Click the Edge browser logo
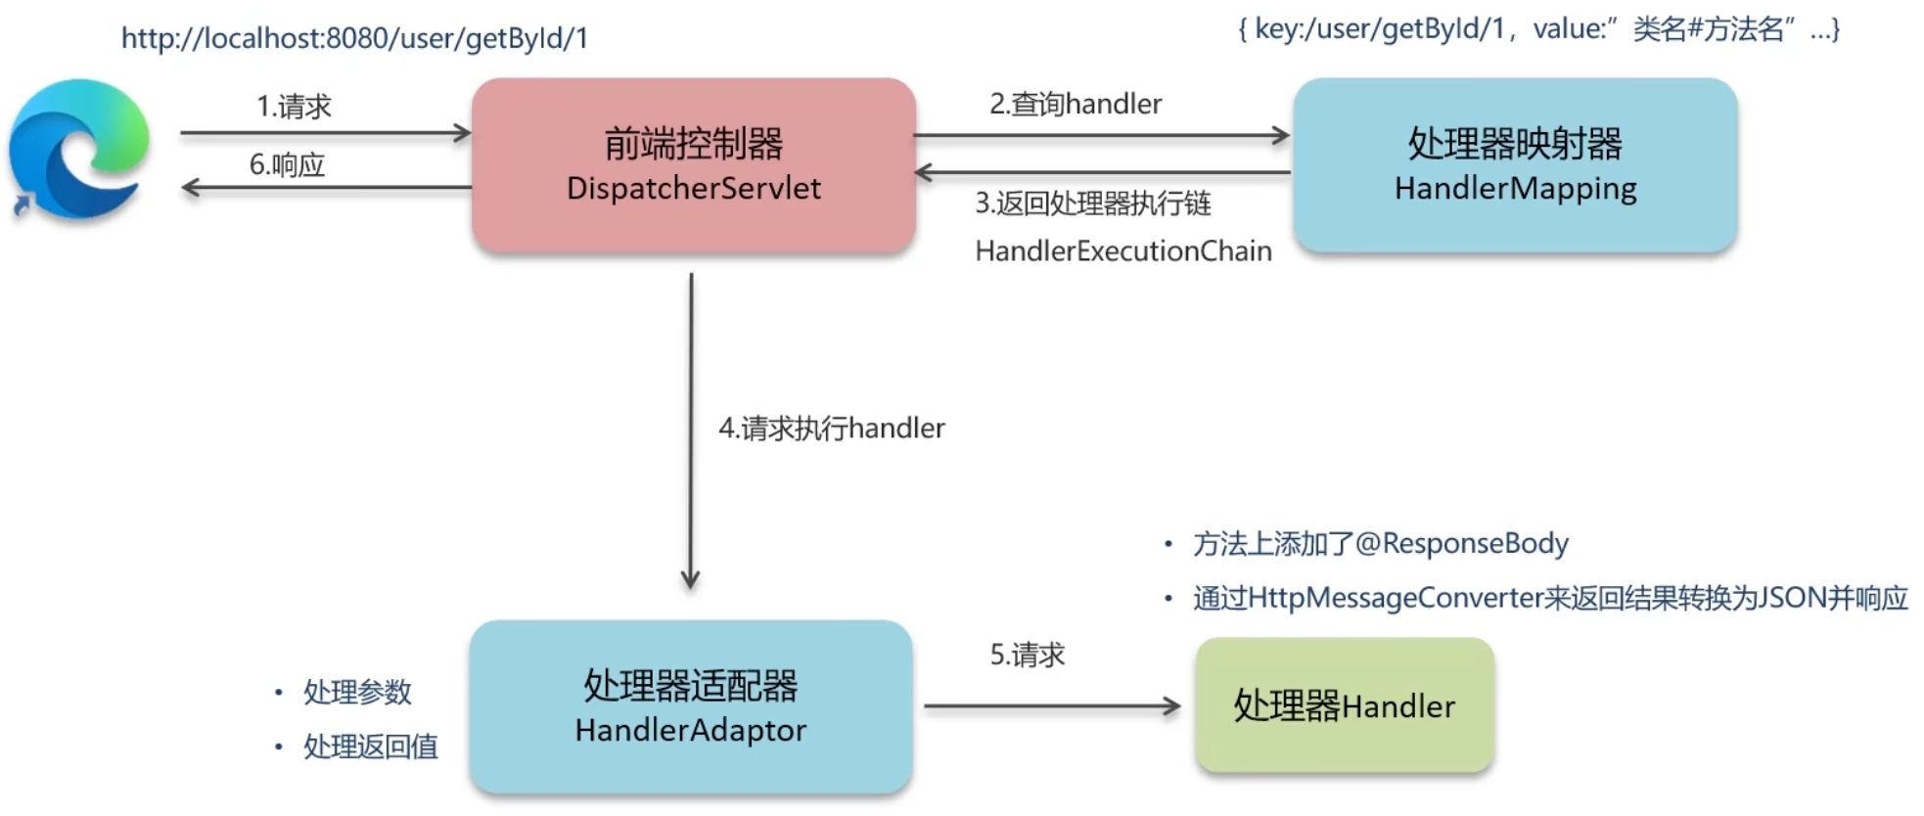click(78, 149)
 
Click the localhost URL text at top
click(354, 38)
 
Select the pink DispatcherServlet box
click(693, 164)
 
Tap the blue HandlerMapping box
click(1514, 164)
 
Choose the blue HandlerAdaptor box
click(691, 706)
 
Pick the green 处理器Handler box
click(1344, 705)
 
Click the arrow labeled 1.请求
click(325, 133)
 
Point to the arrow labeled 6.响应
click(325, 187)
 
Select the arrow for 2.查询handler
click(1101, 136)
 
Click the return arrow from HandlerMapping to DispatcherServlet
click(1101, 173)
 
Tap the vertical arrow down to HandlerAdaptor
click(691, 431)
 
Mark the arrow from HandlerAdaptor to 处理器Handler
click(1052, 705)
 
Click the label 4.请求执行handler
click(832, 429)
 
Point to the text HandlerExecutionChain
click(1123, 251)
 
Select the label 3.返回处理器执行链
click(1093, 204)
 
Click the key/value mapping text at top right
click(1538, 29)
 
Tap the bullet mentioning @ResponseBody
click(1380, 543)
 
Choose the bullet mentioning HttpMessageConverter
click(1550, 598)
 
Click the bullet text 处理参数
click(357, 692)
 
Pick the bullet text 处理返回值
click(370, 747)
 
